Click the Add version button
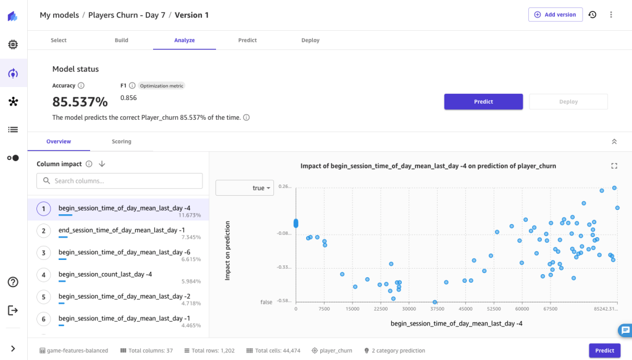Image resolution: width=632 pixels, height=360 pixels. (555, 15)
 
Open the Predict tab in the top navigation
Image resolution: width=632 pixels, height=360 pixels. (247, 40)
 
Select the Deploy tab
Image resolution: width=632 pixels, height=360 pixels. (310, 40)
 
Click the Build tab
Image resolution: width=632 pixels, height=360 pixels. (122, 40)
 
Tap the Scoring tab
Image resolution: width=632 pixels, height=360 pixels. (122, 141)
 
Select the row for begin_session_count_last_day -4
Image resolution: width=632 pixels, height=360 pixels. (105, 274)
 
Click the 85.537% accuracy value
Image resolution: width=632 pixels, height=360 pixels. (80, 101)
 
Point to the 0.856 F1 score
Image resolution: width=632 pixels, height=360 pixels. (128, 98)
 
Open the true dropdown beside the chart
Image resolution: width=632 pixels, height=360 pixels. (244, 188)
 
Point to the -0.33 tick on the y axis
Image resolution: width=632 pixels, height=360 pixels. (284, 267)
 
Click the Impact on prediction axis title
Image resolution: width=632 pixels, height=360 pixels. (227, 251)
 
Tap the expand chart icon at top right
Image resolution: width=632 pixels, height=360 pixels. (614, 165)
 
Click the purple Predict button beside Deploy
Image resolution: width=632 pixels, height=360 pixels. (483, 102)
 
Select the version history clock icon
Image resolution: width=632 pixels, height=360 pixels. (592, 15)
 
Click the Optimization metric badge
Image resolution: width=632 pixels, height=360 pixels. (162, 86)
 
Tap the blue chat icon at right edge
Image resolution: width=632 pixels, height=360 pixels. (625, 330)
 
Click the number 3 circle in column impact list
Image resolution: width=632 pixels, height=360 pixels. (43, 253)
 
